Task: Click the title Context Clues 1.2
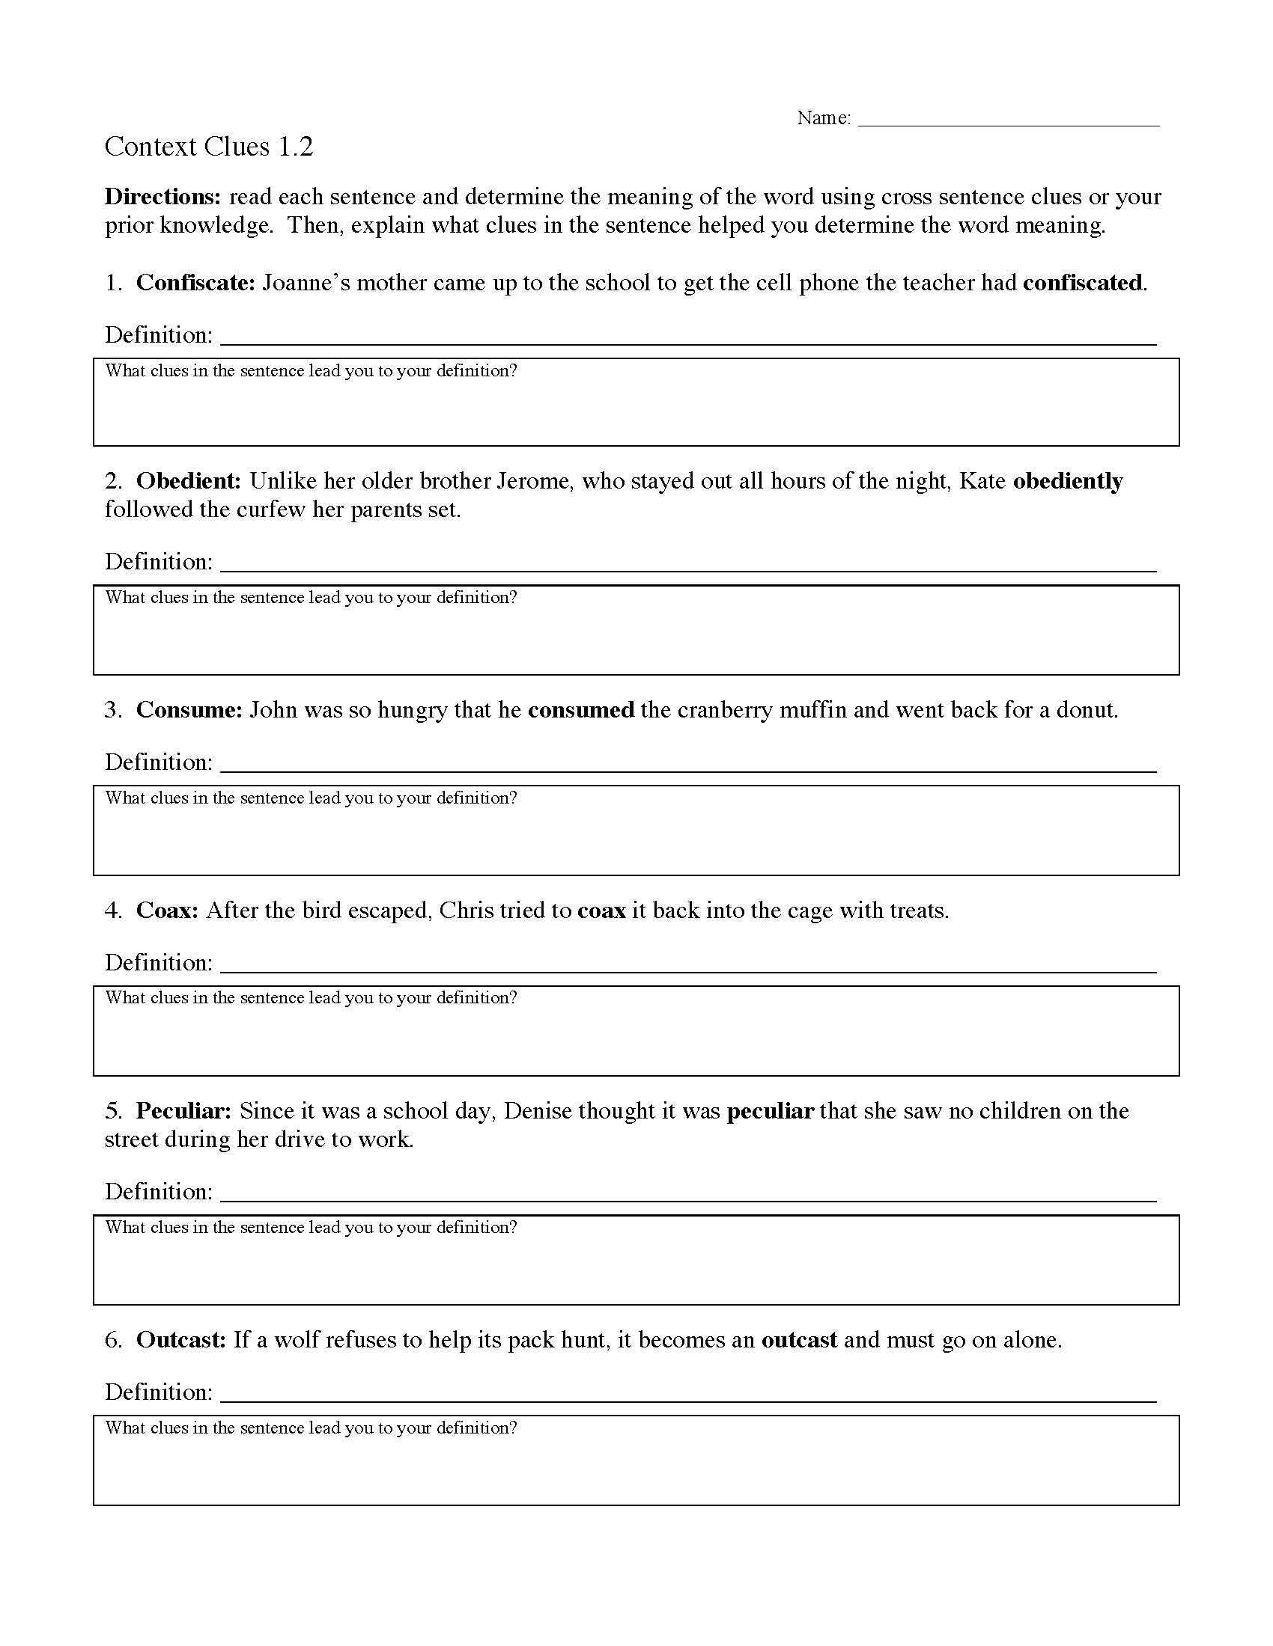point(208,146)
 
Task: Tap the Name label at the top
point(823,118)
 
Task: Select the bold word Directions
point(162,197)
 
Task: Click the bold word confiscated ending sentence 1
point(1082,283)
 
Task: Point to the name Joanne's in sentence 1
point(306,283)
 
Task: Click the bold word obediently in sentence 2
point(1067,481)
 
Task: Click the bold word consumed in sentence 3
point(580,710)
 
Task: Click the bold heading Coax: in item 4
point(167,911)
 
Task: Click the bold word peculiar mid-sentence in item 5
point(770,1111)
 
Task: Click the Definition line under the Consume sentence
point(687,765)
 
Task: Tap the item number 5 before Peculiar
point(112,1111)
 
